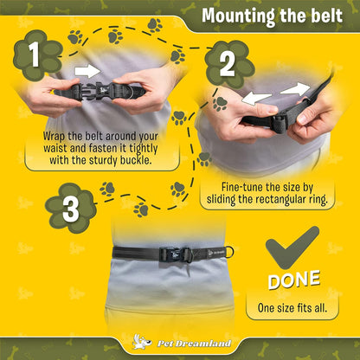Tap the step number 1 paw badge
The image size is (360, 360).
pos(37,55)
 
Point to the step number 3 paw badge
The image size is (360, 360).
pos(71,208)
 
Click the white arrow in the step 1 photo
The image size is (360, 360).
pos(87,71)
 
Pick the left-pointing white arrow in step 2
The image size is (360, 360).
pos(256,99)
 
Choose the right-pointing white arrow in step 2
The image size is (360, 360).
pos(295,89)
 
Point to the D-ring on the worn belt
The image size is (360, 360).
pos(228,252)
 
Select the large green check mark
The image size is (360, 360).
pos(292,247)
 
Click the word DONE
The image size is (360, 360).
pos(294,280)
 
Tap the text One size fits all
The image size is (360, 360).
pos(292,308)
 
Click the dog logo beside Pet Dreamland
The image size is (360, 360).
pos(142,341)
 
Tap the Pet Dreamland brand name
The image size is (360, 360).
pos(194,344)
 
